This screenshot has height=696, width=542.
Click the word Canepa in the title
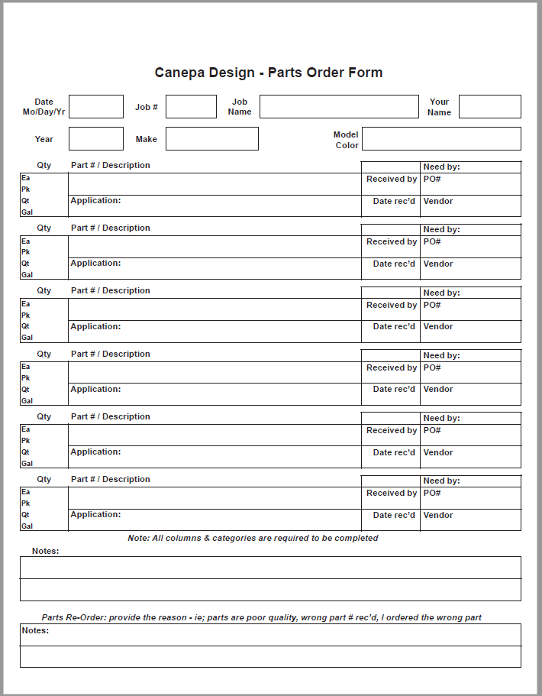point(179,73)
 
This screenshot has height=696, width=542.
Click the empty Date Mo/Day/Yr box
point(96,107)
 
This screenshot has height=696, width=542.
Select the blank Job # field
point(191,107)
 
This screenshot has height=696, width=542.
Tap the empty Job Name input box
point(339,107)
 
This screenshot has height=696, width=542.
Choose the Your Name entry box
point(489,107)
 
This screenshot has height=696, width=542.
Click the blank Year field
point(96,139)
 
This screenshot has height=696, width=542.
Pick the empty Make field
point(212,139)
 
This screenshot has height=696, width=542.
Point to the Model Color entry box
point(441,139)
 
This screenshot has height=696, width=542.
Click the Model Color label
point(346,140)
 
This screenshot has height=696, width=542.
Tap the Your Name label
point(439,107)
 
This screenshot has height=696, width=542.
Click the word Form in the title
point(366,73)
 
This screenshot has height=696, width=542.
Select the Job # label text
point(147,107)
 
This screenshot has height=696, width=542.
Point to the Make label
point(146,139)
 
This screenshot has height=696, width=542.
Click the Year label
point(44,139)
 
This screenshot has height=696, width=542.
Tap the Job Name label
point(240,107)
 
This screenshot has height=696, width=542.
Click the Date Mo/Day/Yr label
point(44,107)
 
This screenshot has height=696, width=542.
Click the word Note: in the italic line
point(139,538)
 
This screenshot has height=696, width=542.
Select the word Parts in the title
point(286,73)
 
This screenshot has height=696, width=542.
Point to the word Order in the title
point(326,73)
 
